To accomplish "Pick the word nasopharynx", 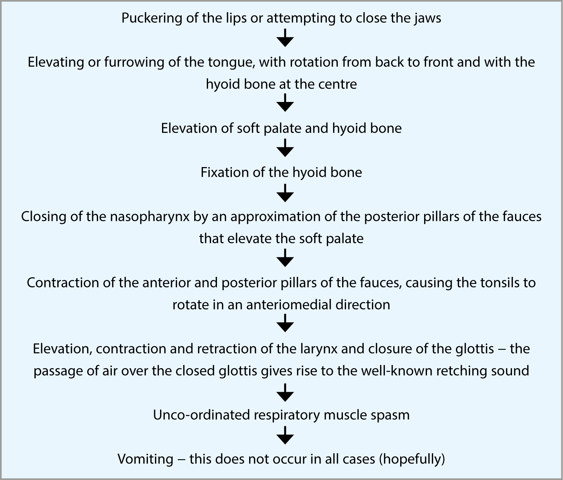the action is coord(150,217).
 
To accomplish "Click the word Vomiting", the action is coord(146,460).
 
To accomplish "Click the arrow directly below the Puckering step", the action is coord(285,38).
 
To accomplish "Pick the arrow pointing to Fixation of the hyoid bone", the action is coord(285,148).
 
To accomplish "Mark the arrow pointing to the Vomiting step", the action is coord(285,435).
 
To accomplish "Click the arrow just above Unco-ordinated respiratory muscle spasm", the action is coord(285,393).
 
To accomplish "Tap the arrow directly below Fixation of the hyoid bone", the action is coord(285,193).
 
